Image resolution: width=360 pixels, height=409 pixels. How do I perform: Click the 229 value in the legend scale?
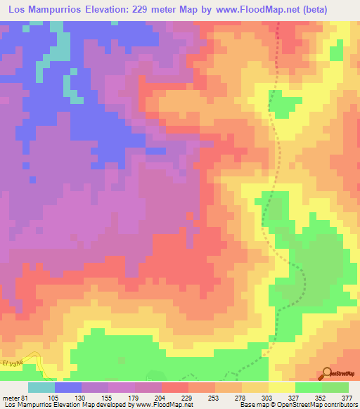(x=188, y=397)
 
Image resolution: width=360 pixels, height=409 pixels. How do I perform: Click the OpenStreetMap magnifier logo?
(x=326, y=373)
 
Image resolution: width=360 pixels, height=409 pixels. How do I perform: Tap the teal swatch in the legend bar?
(x=41, y=387)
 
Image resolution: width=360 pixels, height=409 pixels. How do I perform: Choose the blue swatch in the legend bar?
(x=68, y=387)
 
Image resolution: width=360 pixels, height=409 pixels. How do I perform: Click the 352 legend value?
(x=321, y=397)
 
